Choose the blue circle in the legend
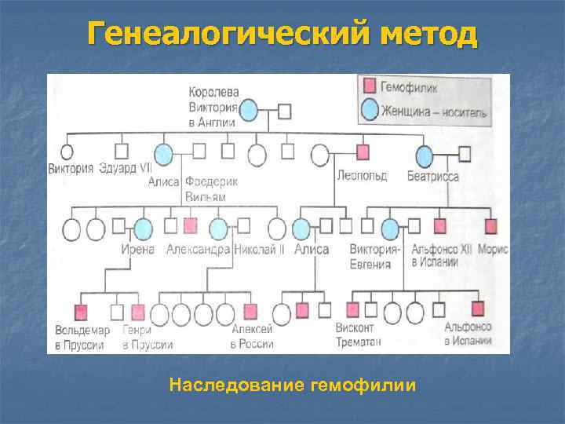click(370, 111)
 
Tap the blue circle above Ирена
click(143, 228)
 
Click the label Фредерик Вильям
click(211, 188)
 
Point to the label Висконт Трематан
click(355, 334)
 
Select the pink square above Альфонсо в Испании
click(476, 307)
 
